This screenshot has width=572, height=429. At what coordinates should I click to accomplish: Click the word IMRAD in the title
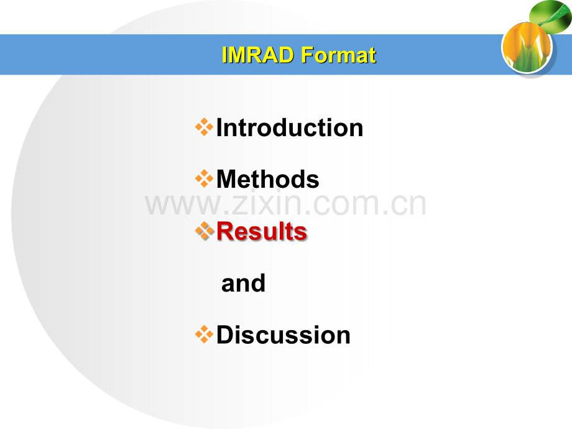pyautogui.click(x=258, y=55)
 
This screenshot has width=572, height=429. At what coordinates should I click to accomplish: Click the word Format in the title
pyautogui.click(x=338, y=55)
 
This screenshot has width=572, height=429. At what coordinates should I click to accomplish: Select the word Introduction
pyautogui.click(x=290, y=127)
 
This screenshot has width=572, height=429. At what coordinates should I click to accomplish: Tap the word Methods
pyautogui.click(x=268, y=179)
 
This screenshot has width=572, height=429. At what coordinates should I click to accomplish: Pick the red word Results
pyautogui.click(x=262, y=231)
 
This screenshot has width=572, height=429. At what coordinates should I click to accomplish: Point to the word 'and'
pyautogui.click(x=243, y=284)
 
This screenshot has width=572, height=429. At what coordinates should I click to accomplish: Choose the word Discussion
pyautogui.click(x=284, y=335)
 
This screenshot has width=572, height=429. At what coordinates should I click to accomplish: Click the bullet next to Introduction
pyautogui.click(x=205, y=127)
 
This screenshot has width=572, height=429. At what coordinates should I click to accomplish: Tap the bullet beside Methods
pyautogui.click(x=205, y=179)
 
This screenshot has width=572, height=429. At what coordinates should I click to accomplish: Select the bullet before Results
pyautogui.click(x=205, y=231)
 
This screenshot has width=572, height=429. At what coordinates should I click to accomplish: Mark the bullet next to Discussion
pyautogui.click(x=205, y=334)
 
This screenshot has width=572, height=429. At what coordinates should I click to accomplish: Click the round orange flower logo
pyautogui.click(x=527, y=47)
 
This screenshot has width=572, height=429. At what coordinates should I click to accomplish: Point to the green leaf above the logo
pyautogui.click(x=551, y=16)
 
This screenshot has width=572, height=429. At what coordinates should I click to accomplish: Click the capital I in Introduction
pyautogui.click(x=219, y=127)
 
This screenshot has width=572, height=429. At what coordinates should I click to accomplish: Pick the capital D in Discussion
pyautogui.click(x=225, y=335)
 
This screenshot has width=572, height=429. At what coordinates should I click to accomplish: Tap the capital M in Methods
pyautogui.click(x=228, y=179)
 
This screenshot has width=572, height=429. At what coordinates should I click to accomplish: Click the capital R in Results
pyautogui.click(x=226, y=231)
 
